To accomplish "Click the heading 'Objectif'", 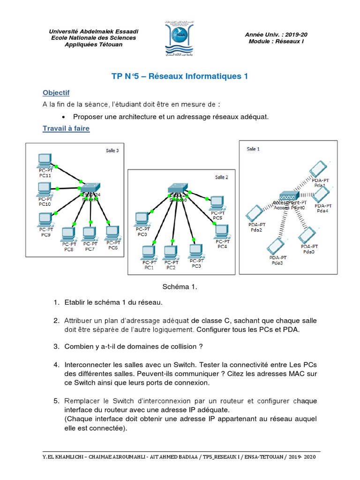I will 56,92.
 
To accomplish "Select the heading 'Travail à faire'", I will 66,128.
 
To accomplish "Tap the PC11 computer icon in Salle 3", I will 45,161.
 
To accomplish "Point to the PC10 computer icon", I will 45,188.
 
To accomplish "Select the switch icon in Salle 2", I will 178,187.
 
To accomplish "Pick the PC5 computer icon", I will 217,202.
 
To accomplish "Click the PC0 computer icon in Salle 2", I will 142,218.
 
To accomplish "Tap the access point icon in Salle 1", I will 288,196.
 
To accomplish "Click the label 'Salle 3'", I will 112,150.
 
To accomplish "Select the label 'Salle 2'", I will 222,177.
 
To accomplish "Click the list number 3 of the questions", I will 56,346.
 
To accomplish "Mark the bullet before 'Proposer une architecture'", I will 63,117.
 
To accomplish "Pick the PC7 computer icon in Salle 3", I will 89,233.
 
